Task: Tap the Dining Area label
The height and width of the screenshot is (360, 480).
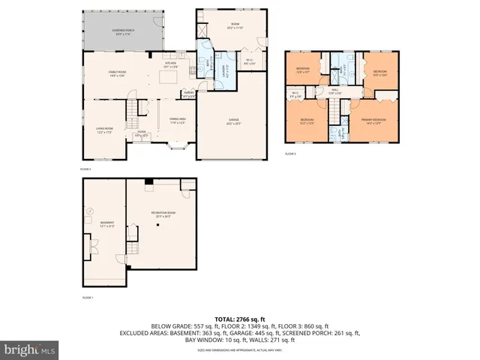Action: coord(177,121)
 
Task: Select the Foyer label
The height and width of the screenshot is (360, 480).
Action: coord(140,135)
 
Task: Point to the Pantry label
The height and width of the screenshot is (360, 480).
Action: coord(188,94)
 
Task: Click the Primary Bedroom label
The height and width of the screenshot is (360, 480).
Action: coord(375,119)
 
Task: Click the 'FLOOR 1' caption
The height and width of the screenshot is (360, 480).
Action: coord(88,298)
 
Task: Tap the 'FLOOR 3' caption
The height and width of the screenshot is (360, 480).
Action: coord(290,153)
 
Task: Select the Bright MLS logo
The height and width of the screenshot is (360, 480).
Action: coord(29,349)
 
